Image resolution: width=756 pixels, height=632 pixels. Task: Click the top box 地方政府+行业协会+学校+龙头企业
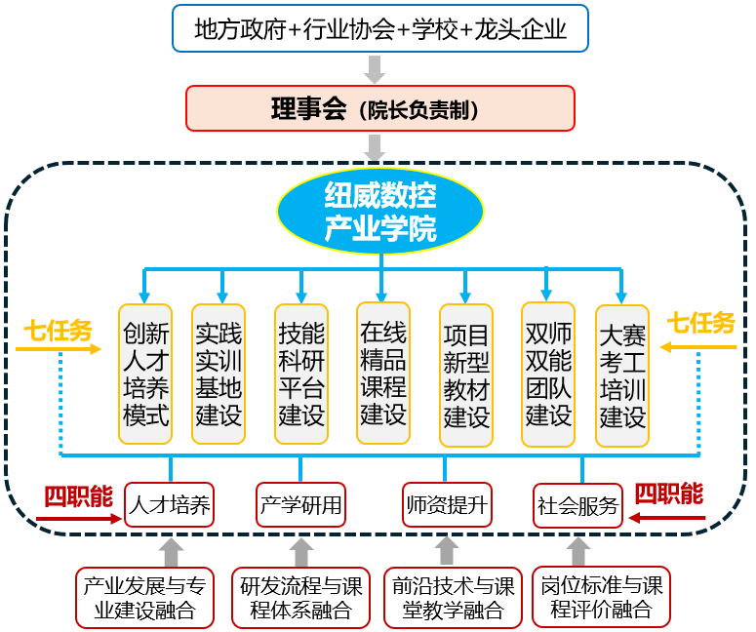tap(380, 28)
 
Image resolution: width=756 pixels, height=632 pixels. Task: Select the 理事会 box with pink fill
tap(380, 108)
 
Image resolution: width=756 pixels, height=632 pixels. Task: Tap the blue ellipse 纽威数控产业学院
tap(380, 211)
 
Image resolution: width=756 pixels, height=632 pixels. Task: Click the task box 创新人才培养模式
tap(146, 375)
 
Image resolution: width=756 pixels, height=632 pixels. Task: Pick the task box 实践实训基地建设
tap(219, 375)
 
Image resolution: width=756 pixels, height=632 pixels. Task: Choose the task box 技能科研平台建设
tap(301, 375)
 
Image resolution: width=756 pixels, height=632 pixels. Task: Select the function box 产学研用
tap(301, 505)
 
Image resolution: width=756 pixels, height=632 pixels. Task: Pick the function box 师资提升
tap(448, 505)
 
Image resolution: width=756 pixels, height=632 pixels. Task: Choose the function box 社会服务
tap(577, 506)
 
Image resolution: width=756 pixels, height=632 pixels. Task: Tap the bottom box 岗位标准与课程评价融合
tap(601, 598)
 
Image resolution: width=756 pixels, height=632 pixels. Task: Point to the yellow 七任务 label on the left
tap(58, 331)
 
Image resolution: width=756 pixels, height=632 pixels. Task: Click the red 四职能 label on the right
tap(669, 494)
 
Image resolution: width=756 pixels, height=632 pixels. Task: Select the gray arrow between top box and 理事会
tap(376, 69)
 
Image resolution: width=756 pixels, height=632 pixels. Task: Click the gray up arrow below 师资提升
tap(448, 550)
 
